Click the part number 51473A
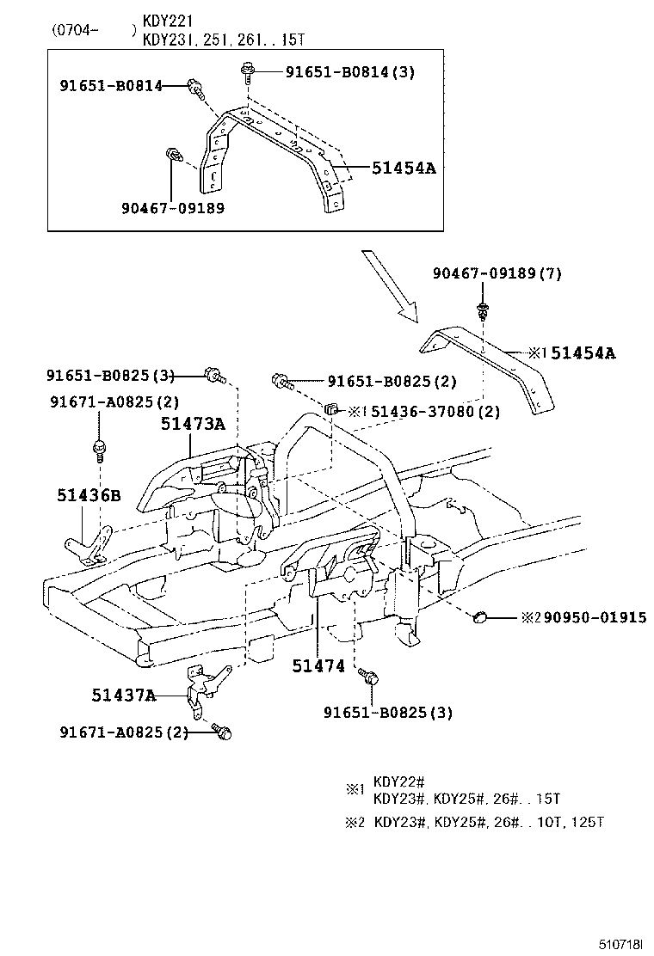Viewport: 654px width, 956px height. click(x=192, y=423)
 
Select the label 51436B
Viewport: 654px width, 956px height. click(x=89, y=495)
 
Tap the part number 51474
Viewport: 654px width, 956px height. click(x=318, y=665)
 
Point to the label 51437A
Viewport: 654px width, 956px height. click(x=124, y=696)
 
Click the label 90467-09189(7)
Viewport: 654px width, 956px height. click(x=496, y=273)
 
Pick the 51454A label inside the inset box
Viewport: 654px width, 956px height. click(x=404, y=169)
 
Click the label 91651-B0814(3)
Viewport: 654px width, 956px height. click(x=349, y=72)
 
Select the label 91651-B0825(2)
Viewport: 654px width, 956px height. click(x=392, y=381)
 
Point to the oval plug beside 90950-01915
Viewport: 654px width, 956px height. click(x=481, y=615)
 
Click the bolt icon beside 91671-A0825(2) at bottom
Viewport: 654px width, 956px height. click(x=225, y=732)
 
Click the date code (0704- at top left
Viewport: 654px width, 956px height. click(x=76, y=30)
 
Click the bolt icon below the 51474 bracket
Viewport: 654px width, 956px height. click(x=370, y=678)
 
